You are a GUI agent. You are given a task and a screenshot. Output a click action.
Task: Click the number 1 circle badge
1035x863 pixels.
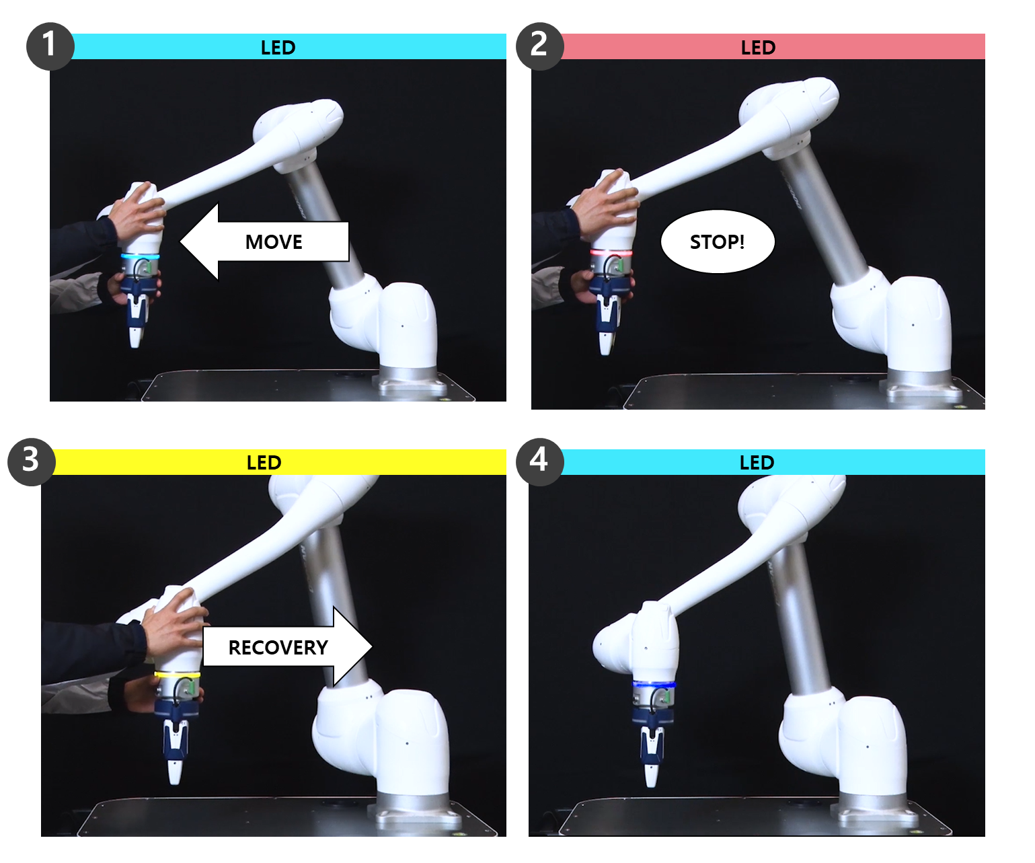point(50,46)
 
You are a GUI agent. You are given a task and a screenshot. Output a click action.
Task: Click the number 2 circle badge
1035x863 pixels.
point(539,46)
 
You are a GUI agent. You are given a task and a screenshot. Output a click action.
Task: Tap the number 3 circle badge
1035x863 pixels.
point(31,461)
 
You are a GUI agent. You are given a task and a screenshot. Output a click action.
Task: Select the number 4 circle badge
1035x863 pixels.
point(539,461)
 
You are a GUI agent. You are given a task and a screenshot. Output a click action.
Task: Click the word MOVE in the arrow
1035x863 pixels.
point(274,242)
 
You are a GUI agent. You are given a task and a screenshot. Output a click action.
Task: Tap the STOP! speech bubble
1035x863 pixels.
point(718,241)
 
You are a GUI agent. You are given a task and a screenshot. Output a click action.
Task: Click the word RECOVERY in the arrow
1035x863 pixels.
point(278,647)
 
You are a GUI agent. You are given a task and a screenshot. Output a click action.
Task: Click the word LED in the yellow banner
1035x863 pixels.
point(264,463)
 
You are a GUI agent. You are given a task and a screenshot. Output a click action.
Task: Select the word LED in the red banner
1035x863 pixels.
point(758,48)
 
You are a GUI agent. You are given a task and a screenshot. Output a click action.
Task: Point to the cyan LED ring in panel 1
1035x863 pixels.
point(141,257)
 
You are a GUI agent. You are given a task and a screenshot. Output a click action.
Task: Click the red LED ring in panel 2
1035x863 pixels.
point(611,253)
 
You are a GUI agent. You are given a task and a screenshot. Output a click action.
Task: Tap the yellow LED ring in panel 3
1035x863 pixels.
point(177,675)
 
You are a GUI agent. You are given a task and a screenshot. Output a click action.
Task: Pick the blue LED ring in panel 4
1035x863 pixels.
point(654,685)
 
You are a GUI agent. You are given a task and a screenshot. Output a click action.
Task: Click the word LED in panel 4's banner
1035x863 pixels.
point(757,463)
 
